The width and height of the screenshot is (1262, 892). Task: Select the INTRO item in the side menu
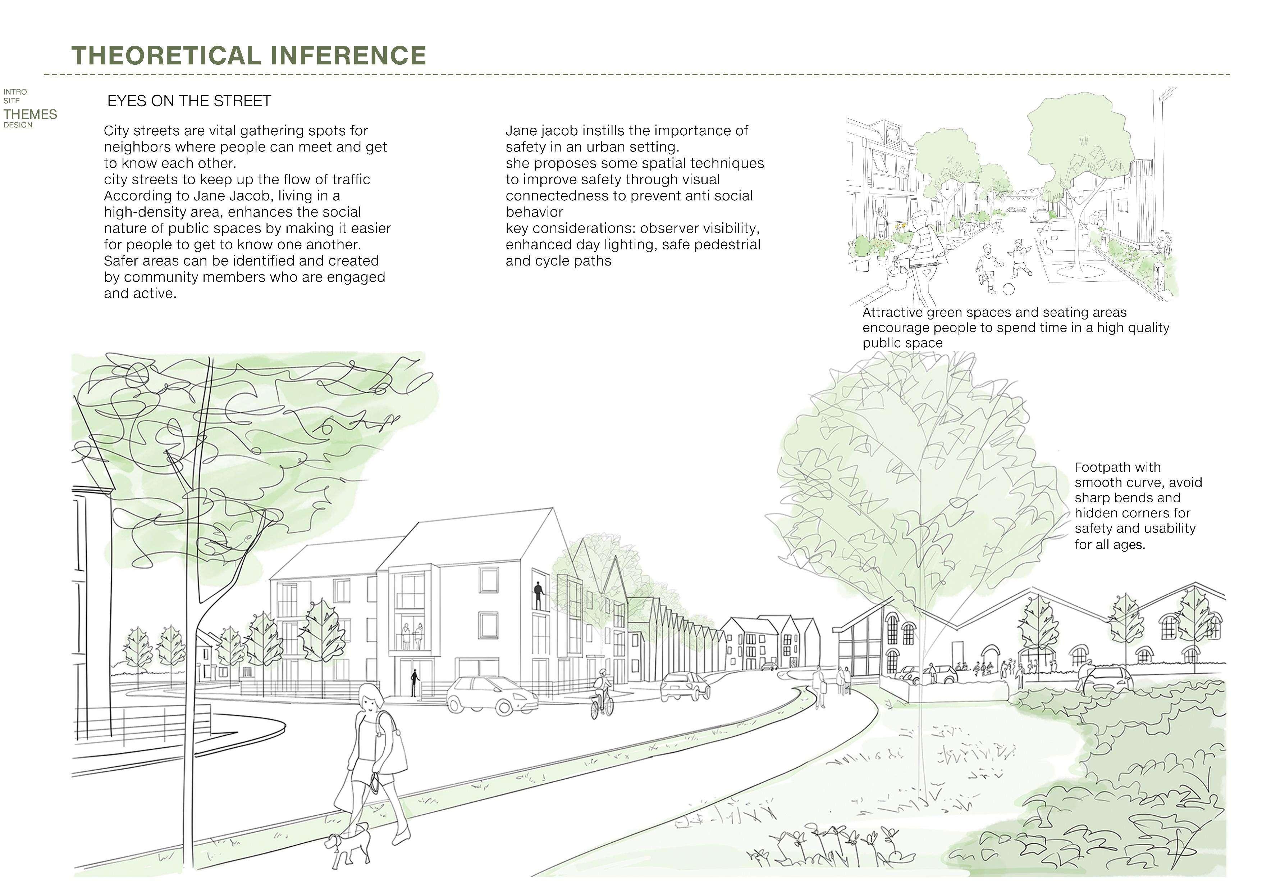[15, 92]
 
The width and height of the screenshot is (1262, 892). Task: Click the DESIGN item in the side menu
[18, 125]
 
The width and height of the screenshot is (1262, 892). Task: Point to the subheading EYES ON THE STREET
[189, 101]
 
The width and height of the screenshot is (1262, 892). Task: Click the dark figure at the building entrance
[415, 683]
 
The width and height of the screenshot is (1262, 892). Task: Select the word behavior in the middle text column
[534, 212]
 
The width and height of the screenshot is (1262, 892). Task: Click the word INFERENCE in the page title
[348, 55]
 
